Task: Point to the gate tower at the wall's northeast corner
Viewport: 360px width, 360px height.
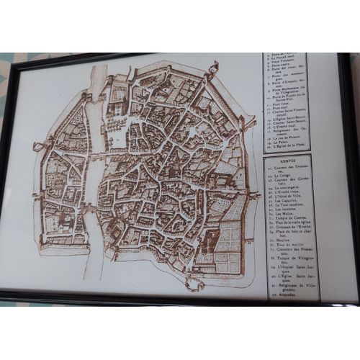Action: pos(213,69)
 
